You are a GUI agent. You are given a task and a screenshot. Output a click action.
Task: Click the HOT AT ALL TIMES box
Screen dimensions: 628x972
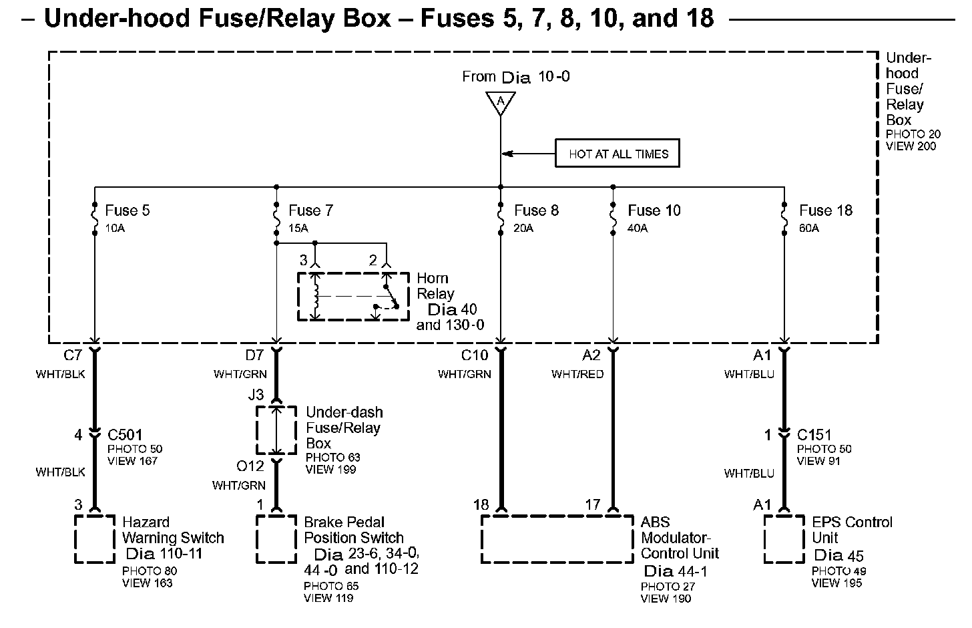pyautogui.click(x=618, y=154)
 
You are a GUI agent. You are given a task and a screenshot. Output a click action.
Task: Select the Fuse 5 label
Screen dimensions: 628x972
pyautogui.click(x=128, y=210)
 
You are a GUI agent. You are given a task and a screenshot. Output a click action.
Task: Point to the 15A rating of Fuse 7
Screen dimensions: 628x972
pyautogui.click(x=298, y=228)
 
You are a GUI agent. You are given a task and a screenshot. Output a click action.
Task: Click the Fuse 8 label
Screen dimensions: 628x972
pyautogui.click(x=536, y=210)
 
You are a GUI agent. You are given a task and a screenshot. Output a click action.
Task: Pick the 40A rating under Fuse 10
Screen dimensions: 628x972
pyautogui.click(x=638, y=228)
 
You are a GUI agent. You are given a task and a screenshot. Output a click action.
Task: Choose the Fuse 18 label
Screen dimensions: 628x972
pyautogui.click(x=826, y=210)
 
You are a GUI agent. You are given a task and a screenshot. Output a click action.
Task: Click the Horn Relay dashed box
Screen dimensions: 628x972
pyautogui.click(x=353, y=296)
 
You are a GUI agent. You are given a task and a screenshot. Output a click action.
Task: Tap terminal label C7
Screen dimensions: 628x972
pyautogui.click(x=72, y=355)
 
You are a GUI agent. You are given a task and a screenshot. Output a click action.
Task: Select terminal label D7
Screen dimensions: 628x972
pyautogui.click(x=254, y=355)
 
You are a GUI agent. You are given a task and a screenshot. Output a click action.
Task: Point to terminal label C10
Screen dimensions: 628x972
pyautogui.click(x=475, y=355)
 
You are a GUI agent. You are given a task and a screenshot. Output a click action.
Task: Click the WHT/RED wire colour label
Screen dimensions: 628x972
pyautogui.click(x=577, y=374)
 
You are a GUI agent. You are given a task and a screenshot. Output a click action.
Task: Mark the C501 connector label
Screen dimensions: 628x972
pyautogui.click(x=125, y=435)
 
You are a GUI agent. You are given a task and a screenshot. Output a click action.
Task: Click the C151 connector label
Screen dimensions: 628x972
pyautogui.click(x=814, y=435)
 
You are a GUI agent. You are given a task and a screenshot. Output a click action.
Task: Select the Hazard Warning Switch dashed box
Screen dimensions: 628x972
pyautogui.click(x=94, y=539)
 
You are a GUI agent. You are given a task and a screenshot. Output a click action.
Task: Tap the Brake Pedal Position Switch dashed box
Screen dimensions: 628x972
pyautogui.click(x=276, y=539)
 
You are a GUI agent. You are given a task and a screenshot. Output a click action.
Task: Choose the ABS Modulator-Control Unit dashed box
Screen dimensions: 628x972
pyautogui.click(x=557, y=538)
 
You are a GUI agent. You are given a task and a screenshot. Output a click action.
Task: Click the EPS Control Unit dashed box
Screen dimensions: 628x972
pyautogui.click(x=784, y=539)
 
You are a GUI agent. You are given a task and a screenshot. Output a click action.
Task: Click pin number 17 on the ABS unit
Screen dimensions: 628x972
pyautogui.click(x=592, y=505)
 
